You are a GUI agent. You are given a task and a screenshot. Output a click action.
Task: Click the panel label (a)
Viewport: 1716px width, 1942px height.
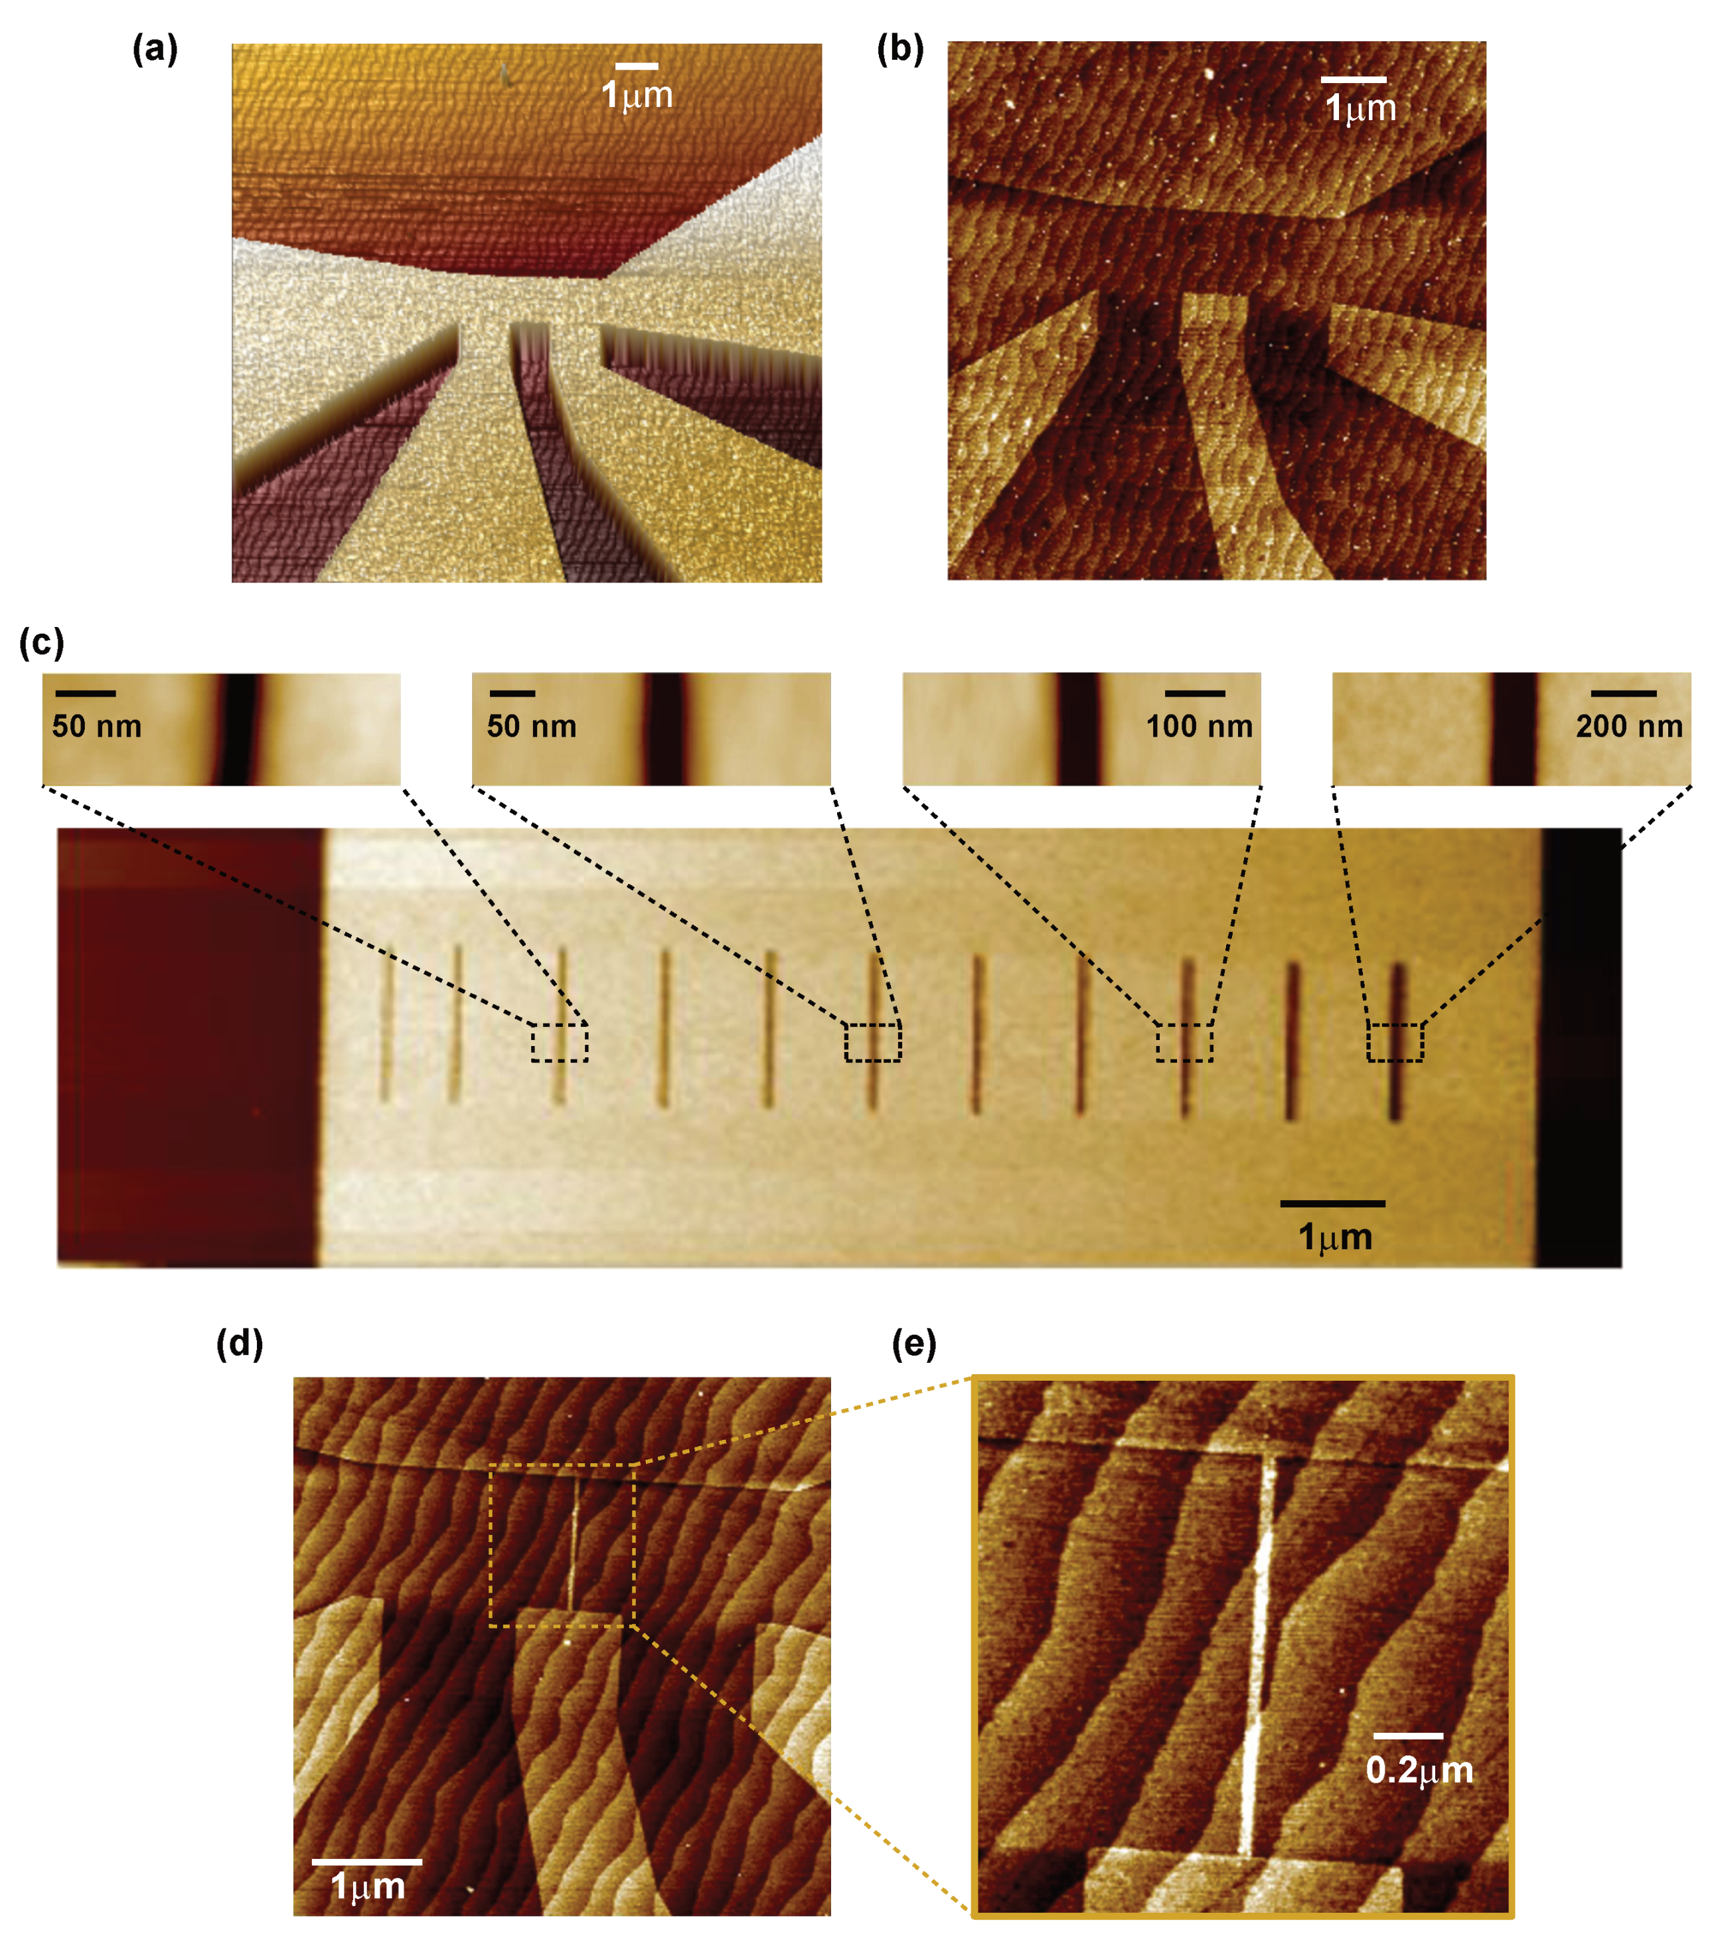click(155, 49)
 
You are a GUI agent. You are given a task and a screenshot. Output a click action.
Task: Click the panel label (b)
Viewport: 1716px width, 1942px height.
click(899, 49)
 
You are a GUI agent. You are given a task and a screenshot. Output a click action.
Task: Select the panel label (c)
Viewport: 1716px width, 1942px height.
click(42, 643)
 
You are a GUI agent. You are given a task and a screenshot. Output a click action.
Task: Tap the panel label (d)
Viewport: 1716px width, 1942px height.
click(239, 1344)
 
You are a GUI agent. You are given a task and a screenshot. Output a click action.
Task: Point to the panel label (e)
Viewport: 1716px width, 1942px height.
click(913, 1344)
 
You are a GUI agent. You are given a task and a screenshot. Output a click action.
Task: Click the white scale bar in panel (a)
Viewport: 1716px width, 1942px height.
click(636, 66)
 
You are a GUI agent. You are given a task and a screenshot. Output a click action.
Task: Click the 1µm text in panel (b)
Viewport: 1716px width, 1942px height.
click(1360, 108)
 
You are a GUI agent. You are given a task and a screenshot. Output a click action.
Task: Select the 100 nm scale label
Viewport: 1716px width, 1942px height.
click(1198, 727)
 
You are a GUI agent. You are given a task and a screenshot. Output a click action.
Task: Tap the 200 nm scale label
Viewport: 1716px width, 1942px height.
click(1628, 727)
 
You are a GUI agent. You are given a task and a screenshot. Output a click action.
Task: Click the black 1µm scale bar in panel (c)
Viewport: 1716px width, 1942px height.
click(1332, 1203)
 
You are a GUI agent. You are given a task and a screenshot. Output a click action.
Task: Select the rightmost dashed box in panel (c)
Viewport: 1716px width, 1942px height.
click(1395, 1042)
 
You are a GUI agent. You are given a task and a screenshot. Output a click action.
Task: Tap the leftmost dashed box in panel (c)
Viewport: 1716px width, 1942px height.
click(560, 1042)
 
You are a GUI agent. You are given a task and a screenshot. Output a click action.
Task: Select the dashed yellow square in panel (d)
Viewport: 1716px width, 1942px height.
click(562, 1545)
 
